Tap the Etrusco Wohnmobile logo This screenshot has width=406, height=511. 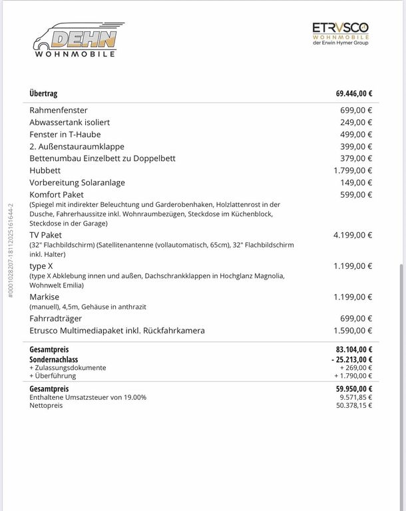[340, 34]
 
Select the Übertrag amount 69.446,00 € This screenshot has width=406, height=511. [353, 94]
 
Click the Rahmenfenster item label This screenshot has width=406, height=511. [59, 110]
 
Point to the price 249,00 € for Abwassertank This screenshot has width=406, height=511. [356, 122]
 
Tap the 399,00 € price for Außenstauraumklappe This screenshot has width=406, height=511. [356, 146]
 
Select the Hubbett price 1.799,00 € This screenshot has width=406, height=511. [353, 170]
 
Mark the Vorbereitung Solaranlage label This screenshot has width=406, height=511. [77, 182]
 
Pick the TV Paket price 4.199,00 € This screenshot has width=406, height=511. [353, 235]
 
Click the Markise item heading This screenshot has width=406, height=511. [44, 297]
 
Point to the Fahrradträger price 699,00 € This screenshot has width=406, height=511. [356, 319]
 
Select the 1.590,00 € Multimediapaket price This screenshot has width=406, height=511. [353, 331]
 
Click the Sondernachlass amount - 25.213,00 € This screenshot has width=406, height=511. [351, 359]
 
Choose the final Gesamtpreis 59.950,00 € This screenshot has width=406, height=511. [353, 389]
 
